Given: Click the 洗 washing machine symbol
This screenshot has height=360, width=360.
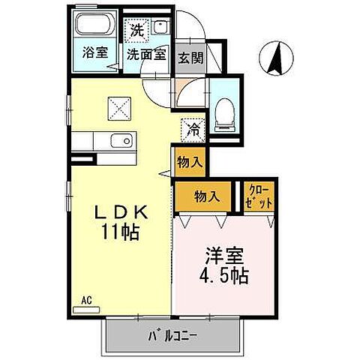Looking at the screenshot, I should click(x=136, y=31).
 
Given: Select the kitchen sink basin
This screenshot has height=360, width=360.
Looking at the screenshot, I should click(x=121, y=140).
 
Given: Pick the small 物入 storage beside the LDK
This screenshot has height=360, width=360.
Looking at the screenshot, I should click(x=190, y=161).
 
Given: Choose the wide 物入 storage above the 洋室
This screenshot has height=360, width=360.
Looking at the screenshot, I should click(x=206, y=196).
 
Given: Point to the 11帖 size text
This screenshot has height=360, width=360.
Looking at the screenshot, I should click(x=120, y=232).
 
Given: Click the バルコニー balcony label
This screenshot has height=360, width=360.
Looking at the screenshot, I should click(x=172, y=334).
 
